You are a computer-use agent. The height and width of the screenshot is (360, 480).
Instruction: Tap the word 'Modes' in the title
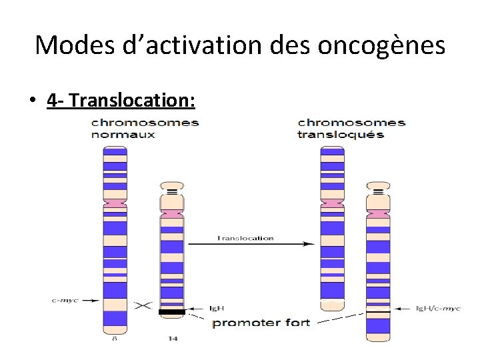[69, 45]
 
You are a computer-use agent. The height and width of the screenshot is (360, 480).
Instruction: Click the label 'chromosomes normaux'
[144, 129]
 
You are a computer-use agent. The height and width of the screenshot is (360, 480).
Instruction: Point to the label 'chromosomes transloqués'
[351, 129]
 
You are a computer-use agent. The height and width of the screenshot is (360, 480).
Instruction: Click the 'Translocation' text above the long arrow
[245, 238]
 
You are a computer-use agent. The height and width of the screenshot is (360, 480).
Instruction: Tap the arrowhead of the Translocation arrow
[309, 244]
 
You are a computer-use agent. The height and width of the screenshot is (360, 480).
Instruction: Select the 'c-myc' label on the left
[65, 300]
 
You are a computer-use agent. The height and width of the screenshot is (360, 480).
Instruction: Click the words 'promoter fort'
[261, 323]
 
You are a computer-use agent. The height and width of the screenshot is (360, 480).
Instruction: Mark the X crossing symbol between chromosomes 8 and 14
[143, 305]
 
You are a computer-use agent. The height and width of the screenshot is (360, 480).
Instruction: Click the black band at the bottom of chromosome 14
[172, 311]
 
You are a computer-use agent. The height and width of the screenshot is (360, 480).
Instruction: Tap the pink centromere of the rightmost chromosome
[379, 213]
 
